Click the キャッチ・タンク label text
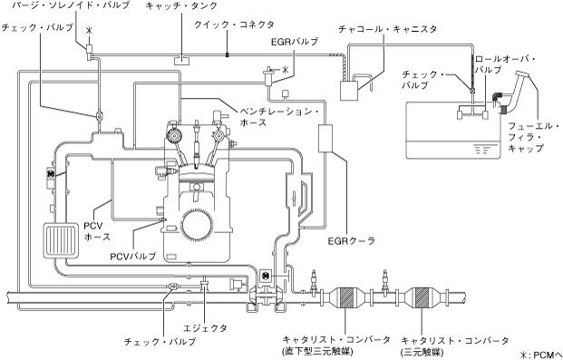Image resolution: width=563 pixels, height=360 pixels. [181, 5]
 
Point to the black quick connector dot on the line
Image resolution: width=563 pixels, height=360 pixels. [228, 55]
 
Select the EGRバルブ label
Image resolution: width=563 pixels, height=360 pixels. [295, 42]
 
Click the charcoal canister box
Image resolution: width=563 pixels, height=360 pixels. [349, 91]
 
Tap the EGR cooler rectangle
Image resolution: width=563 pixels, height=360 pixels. [326, 138]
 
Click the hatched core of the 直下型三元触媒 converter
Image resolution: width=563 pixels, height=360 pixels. [346, 297]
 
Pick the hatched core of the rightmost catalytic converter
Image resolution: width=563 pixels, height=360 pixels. [422, 297]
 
